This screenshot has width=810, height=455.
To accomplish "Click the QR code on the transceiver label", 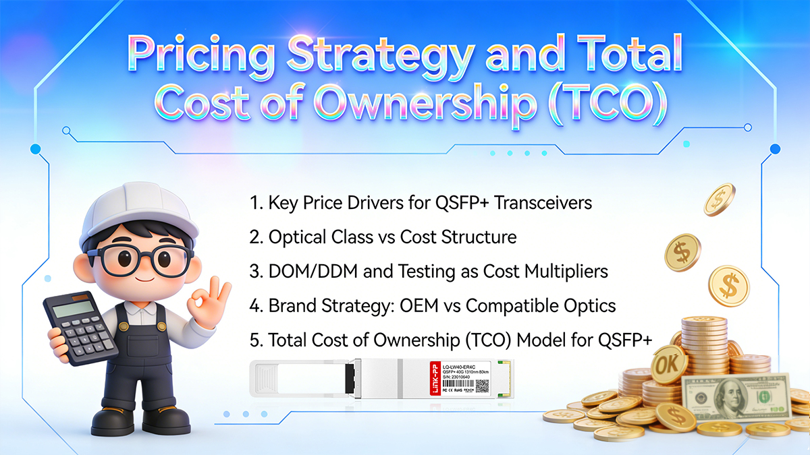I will click(x=482, y=386).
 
